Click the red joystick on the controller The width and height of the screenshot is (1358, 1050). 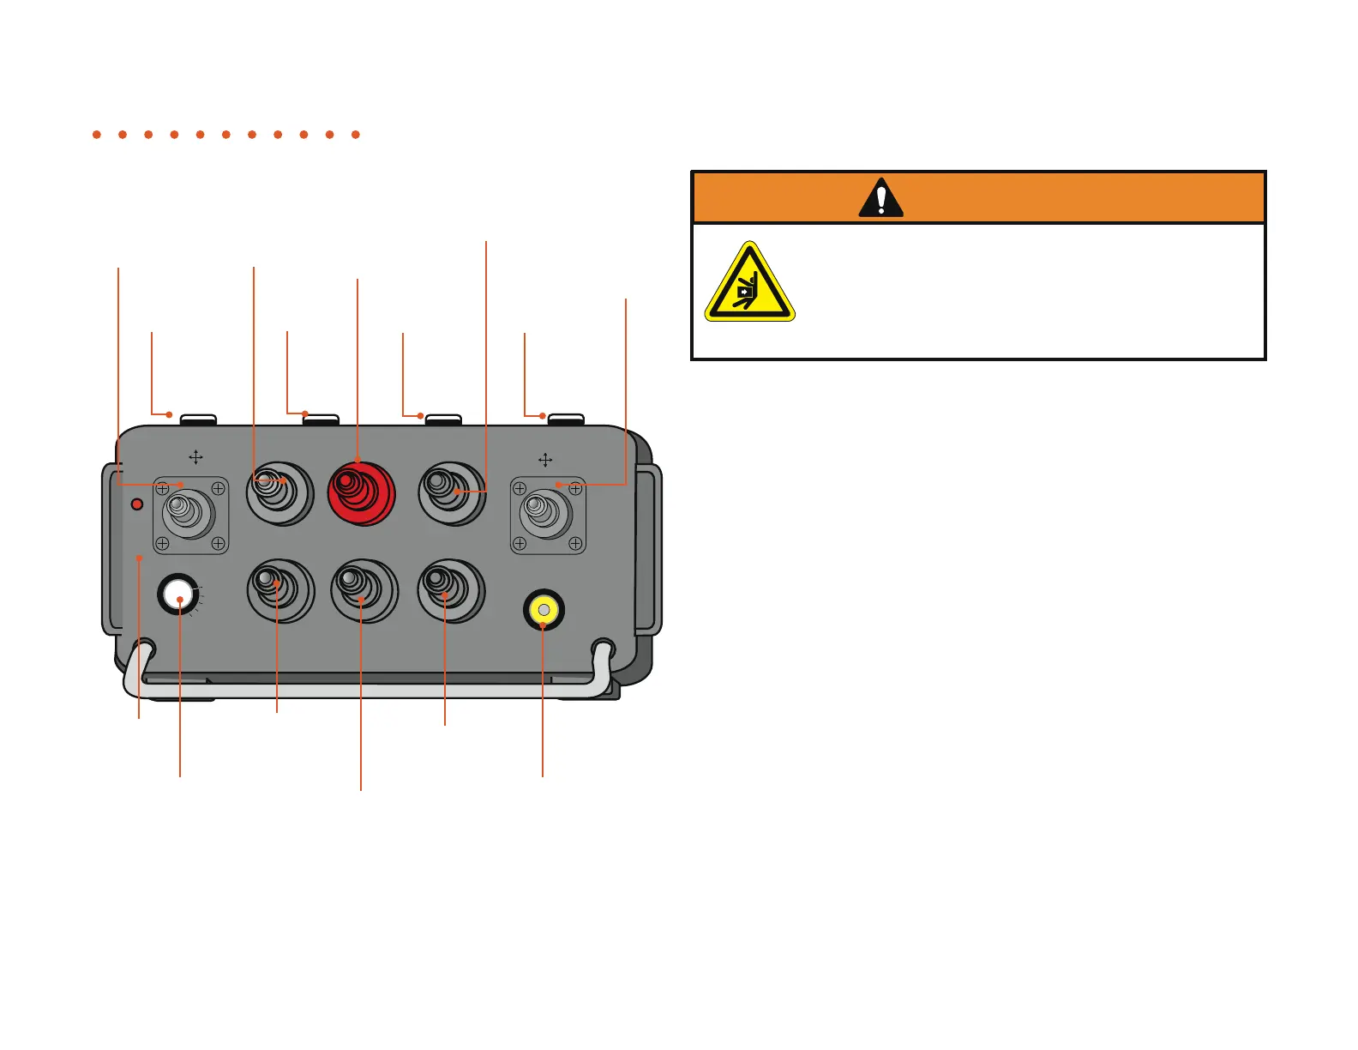361,493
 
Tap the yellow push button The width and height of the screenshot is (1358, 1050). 544,610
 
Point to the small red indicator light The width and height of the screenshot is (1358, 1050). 136,504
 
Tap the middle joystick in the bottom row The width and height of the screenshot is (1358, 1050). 364,590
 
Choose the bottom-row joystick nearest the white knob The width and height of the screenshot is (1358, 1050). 280,590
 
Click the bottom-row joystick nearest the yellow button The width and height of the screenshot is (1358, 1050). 450,590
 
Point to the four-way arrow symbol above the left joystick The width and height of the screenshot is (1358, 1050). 195,457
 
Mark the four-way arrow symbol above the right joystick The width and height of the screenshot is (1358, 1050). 545,461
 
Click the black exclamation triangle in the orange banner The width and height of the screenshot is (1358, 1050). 880,199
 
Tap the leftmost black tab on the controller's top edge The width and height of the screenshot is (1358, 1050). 198,419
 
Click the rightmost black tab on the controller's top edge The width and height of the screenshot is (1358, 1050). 566,419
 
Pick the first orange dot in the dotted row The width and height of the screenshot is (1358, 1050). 97,135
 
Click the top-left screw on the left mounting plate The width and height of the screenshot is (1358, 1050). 162,489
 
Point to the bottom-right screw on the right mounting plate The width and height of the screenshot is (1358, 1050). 576,544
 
